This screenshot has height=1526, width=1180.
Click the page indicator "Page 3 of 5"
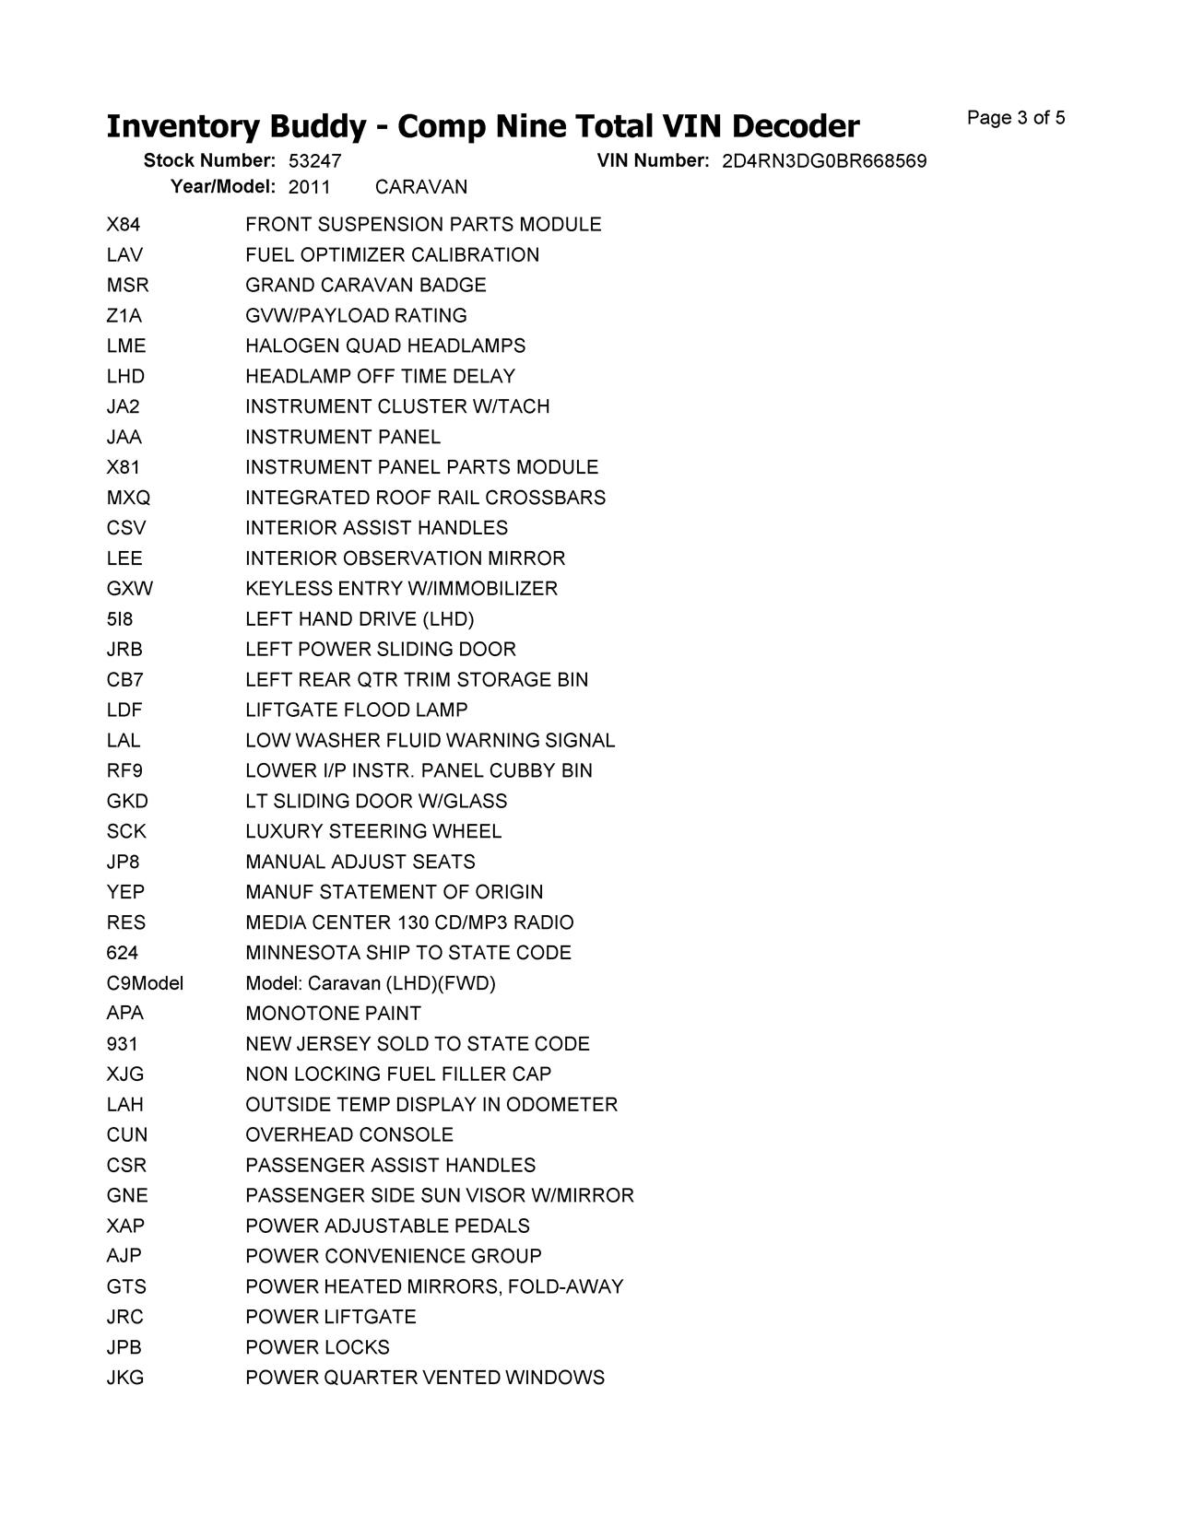tap(1015, 118)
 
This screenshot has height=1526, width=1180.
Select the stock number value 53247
tap(314, 161)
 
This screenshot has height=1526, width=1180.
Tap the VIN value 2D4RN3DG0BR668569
tap(823, 161)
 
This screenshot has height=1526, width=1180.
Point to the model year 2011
tap(309, 187)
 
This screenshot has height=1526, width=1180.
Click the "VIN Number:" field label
tap(653, 160)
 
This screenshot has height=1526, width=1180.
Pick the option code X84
tap(124, 225)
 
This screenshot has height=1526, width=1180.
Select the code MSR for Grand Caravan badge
tap(127, 286)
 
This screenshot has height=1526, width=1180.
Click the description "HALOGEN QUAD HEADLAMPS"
tap(385, 346)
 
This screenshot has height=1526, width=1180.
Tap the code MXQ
tap(128, 498)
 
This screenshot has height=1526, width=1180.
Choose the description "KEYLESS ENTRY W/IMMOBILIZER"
tap(401, 589)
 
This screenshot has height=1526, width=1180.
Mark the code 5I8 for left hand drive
tap(120, 619)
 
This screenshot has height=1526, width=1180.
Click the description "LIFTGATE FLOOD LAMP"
tap(356, 710)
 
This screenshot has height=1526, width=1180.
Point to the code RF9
tap(124, 771)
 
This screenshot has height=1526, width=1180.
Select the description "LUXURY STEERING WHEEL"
tap(373, 832)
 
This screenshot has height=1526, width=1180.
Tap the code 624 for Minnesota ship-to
tap(122, 953)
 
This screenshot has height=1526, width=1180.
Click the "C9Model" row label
tap(145, 983)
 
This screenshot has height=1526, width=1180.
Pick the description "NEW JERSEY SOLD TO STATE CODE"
tap(417, 1044)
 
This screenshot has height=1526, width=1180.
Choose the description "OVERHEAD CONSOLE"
tap(349, 1135)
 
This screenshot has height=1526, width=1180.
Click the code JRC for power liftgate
tap(125, 1317)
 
